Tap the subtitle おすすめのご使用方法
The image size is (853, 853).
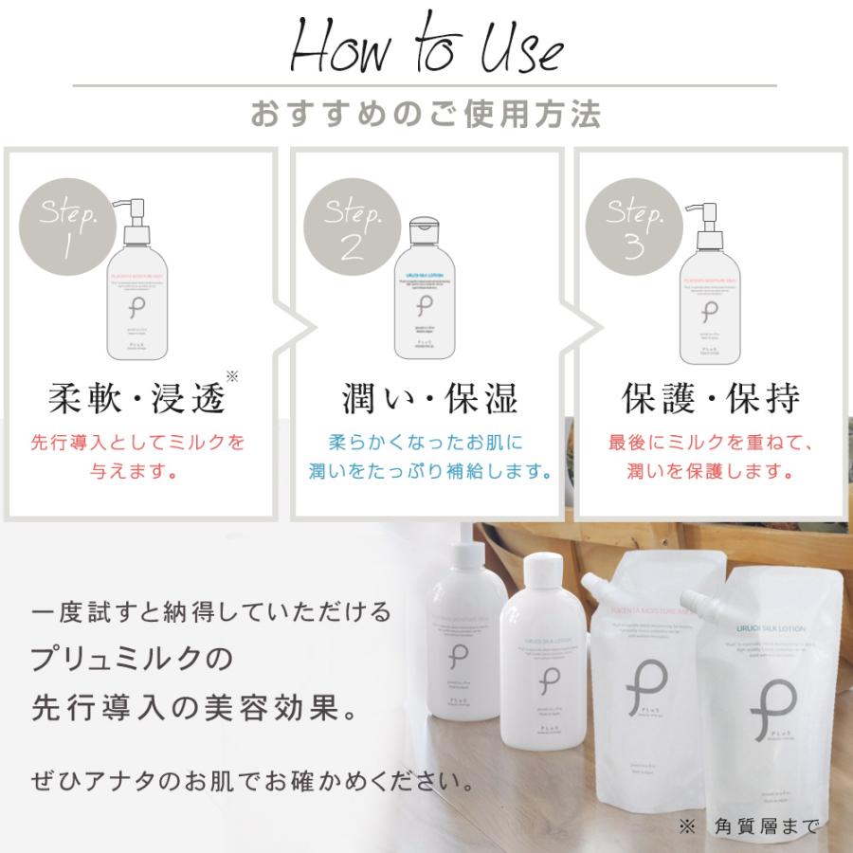(426, 115)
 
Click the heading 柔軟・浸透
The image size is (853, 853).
(137, 399)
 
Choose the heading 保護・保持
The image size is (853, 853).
(711, 399)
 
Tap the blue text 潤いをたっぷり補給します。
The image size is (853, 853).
(430, 471)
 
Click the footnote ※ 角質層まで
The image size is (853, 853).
(749, 826)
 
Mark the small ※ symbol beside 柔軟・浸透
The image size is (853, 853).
(232, 376)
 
